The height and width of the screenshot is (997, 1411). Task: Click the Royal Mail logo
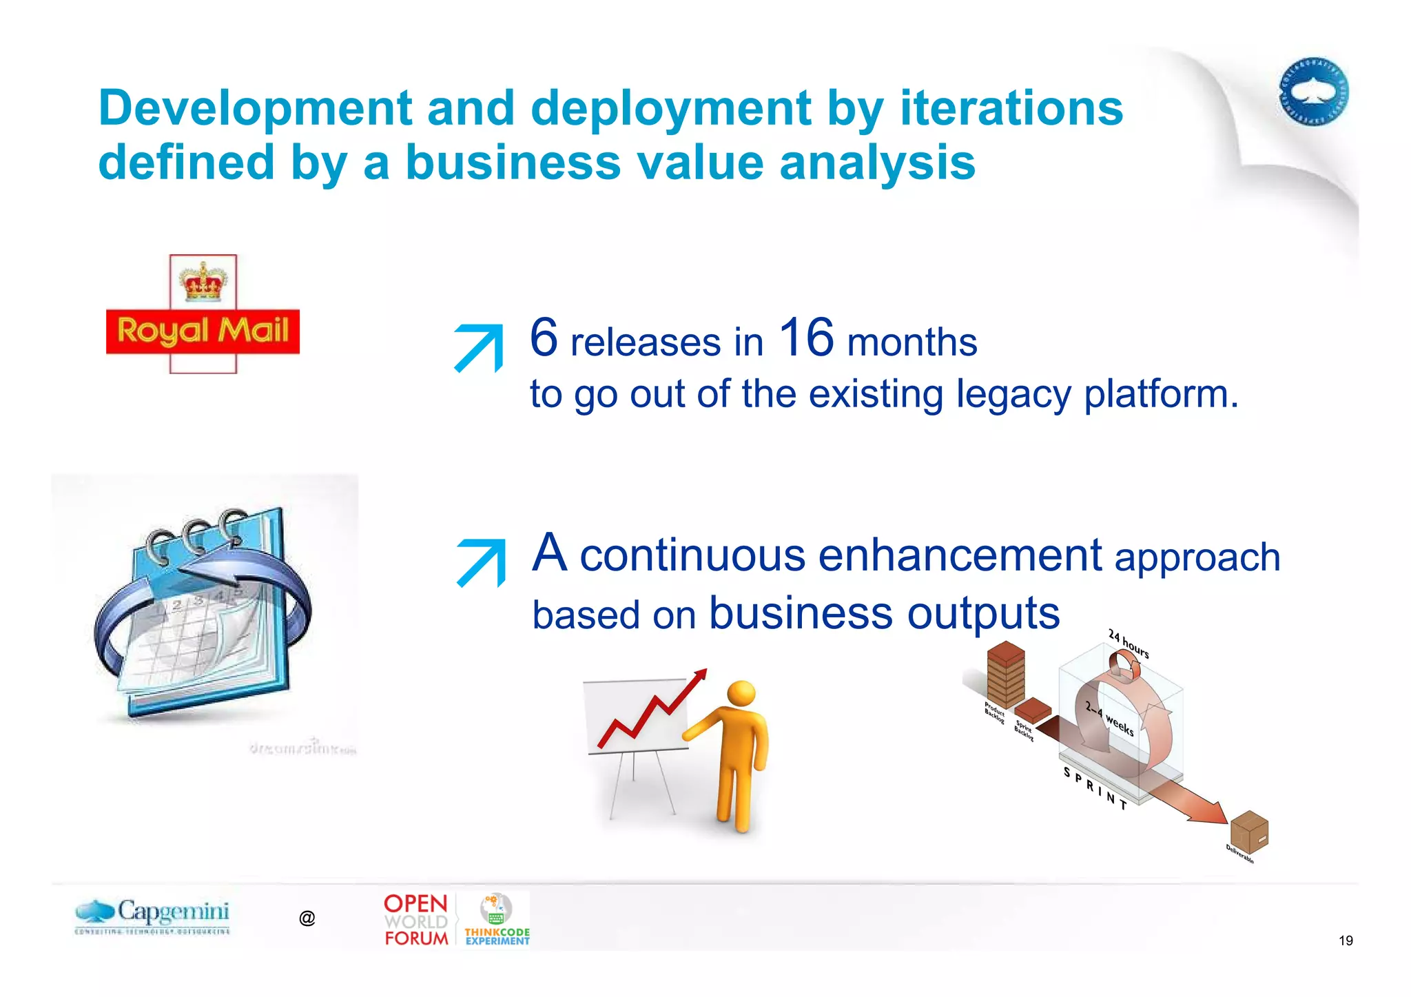203,331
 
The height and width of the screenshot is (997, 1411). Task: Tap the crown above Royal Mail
203,281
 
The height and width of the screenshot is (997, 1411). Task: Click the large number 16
805,337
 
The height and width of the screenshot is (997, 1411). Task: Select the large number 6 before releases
544,337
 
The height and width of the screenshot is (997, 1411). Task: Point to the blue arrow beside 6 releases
480,347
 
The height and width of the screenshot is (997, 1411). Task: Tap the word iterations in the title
1011,108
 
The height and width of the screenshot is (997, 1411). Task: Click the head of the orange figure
741,693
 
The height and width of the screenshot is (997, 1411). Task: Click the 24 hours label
1128,644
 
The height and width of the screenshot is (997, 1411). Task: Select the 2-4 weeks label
1109,718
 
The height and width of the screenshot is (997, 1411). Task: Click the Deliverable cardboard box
1249,831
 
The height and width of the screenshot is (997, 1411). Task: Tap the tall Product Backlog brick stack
1005,675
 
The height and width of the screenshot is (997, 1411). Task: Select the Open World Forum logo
416,920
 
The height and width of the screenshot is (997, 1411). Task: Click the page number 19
1345,941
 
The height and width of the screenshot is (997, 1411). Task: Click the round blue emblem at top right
1313,92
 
